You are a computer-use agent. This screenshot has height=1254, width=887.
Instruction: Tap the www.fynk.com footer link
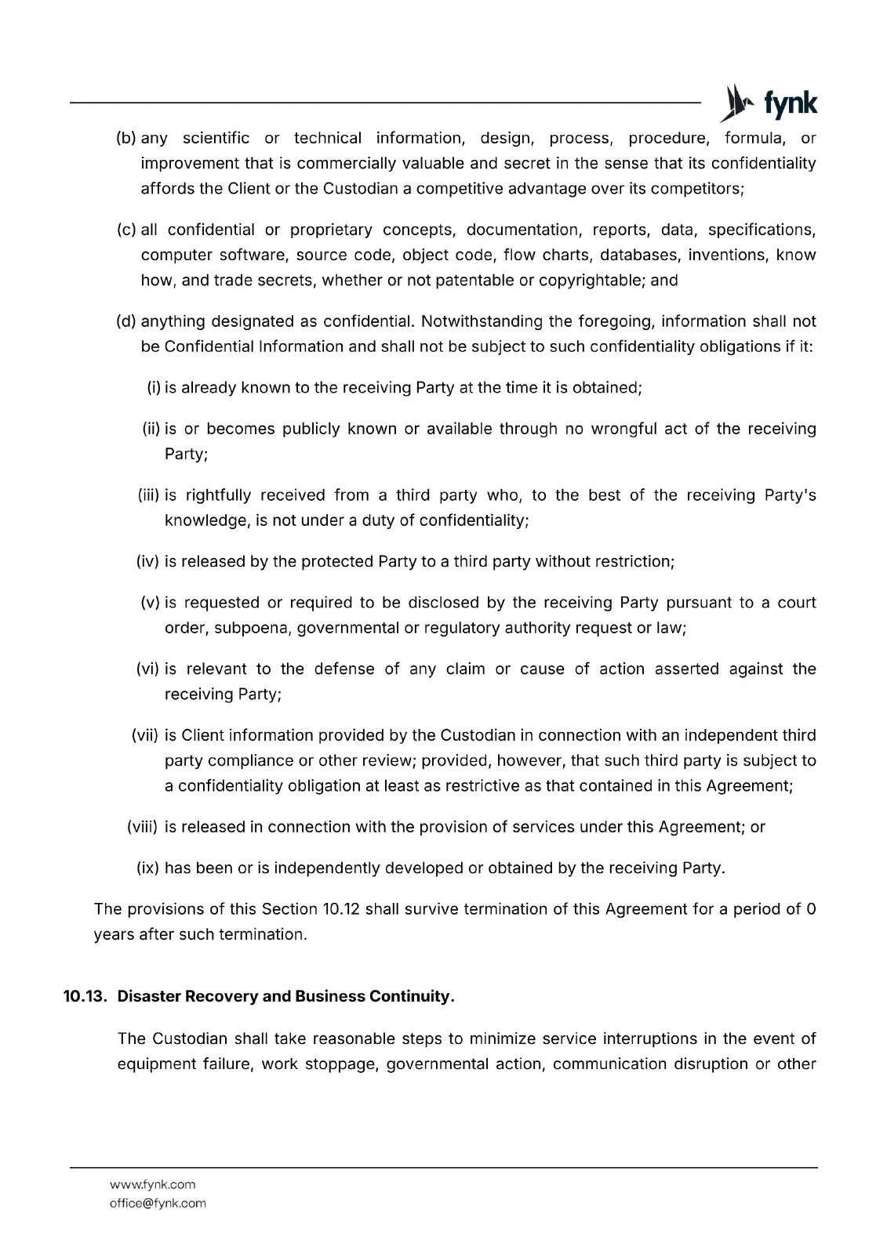pos(152,1184)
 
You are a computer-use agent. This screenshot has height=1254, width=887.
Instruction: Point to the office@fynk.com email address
pos(158,1203)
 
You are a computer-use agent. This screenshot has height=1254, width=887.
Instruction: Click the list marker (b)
pos(126,139)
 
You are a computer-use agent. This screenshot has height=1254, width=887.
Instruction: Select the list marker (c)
pos(126,230)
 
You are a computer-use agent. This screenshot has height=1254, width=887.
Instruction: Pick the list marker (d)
pos(126,321)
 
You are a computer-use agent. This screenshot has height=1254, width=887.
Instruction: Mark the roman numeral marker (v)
pos(150,603)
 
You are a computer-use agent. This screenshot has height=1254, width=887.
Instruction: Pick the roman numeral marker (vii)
pos(145,736)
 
